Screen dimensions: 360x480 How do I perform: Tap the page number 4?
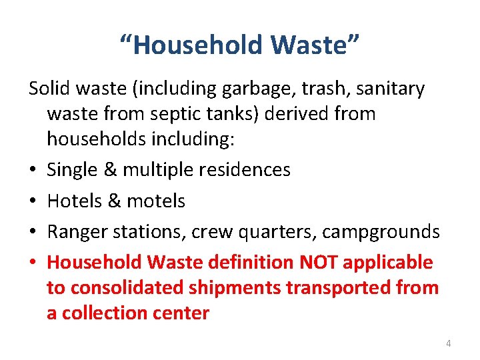[448, 343]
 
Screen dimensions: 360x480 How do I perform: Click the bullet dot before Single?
[33, 171]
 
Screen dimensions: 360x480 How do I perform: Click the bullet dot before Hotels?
[33, 202]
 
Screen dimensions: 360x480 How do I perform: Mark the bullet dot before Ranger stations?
[33, 233]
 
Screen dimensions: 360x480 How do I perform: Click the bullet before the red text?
[33, 263]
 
